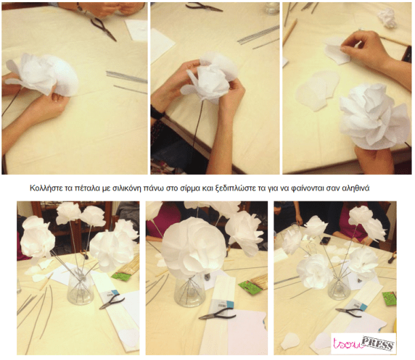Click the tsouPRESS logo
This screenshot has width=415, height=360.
[363, 343]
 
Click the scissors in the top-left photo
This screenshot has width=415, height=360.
[103, 28]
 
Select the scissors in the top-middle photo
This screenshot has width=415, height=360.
[203, 7]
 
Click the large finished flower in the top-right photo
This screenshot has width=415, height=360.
[371, 116]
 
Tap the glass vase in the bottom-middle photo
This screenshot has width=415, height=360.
[192, 290]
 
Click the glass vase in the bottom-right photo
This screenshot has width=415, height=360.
[337, 286]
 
